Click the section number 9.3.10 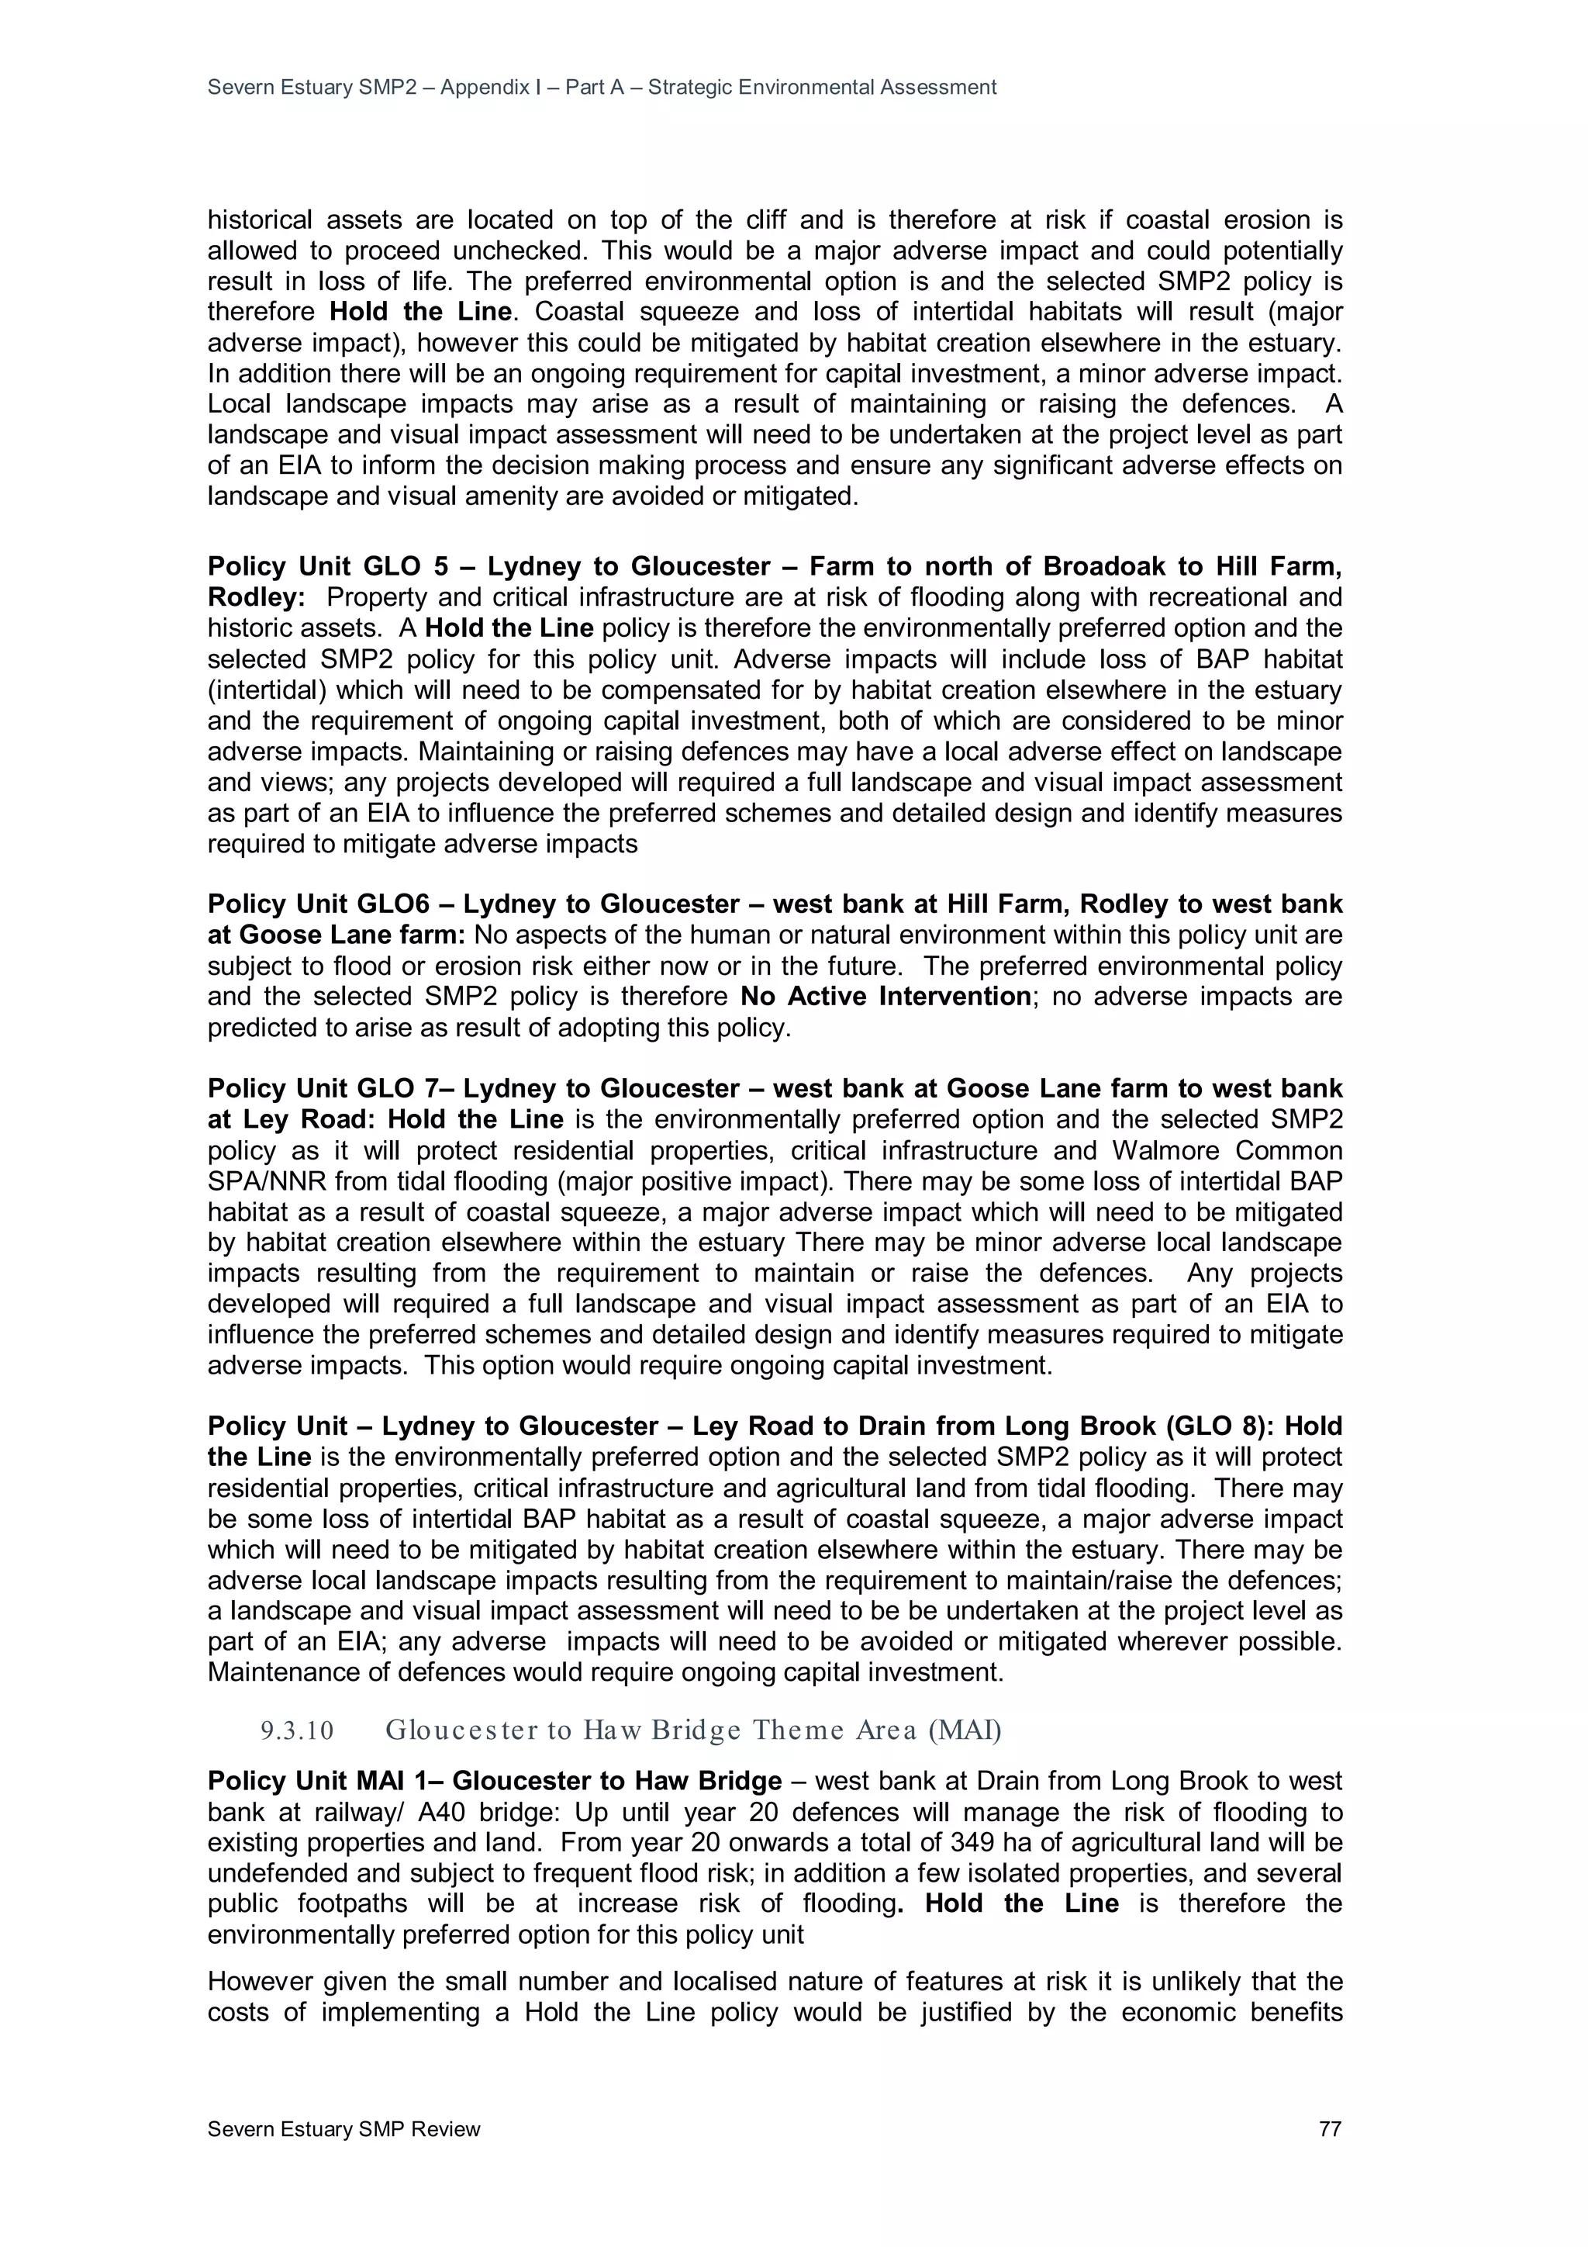296,1731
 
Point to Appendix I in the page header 490,87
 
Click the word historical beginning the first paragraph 259,220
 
